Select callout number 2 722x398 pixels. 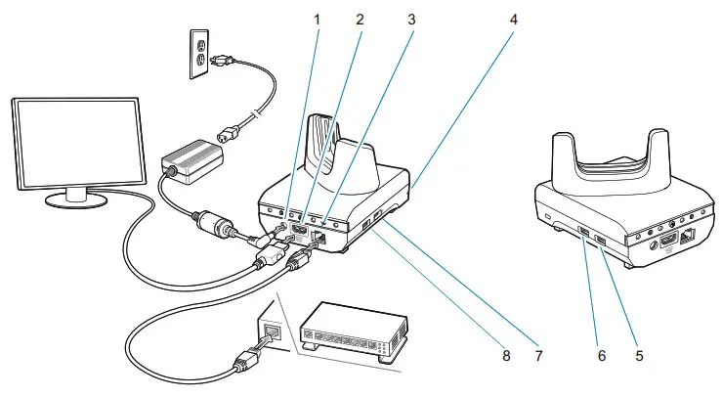point(361,19)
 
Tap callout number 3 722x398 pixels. point(411,19)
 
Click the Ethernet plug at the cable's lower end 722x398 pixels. point(243,368)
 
